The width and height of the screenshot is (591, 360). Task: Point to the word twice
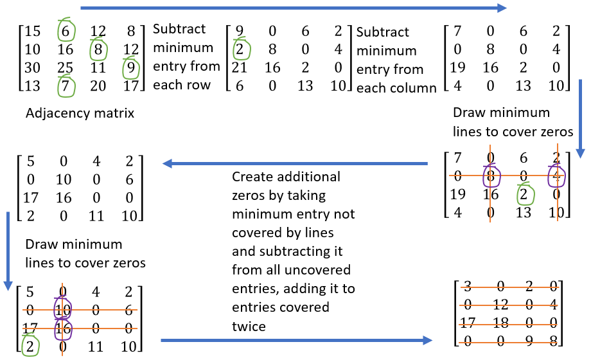tap(249, 327)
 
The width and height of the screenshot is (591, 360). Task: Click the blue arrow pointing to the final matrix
tap(295, 339)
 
